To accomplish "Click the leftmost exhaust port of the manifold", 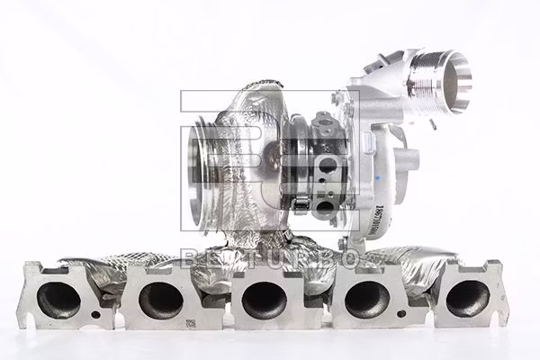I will pyautogui.click(x=58, y=300).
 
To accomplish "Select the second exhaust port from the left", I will pyautogui.click(x=161, y=300).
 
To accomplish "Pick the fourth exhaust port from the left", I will pyautogui.click(x=367, y=300).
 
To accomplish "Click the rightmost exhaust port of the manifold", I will pyautogui.click(x=467, y=299).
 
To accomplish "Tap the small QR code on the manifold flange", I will pyautogui.click(x=191, y=323).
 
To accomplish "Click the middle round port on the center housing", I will pyautogui.click(x=328, y=166).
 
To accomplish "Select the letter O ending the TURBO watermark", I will pyautogui.click(x=346, y=259).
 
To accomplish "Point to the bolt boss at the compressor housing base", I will pyautogui.click(x=343, y=243).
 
